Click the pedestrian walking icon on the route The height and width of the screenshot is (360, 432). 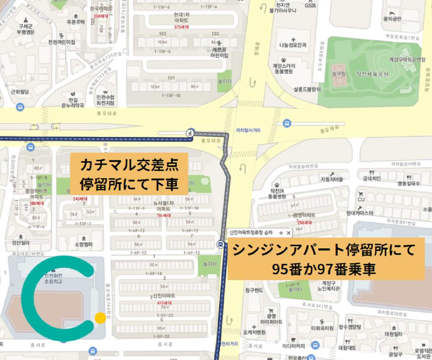[x=190, y=133]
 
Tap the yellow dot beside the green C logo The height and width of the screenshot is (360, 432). [x=100, y=318]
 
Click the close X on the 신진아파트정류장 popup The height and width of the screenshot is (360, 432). [x=288, y=233]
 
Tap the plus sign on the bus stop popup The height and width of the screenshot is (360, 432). [x=281, y=233]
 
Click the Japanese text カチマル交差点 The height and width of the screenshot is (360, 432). [x=129, y=165]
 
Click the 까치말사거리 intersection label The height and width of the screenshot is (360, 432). [x=248, y=130]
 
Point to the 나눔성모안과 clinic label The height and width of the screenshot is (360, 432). [x=293, y=45]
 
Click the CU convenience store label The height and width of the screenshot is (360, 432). [x=361, y=199]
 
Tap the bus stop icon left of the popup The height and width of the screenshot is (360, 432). [x=220, y=245]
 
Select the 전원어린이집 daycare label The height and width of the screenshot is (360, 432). [x=62, y=42]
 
